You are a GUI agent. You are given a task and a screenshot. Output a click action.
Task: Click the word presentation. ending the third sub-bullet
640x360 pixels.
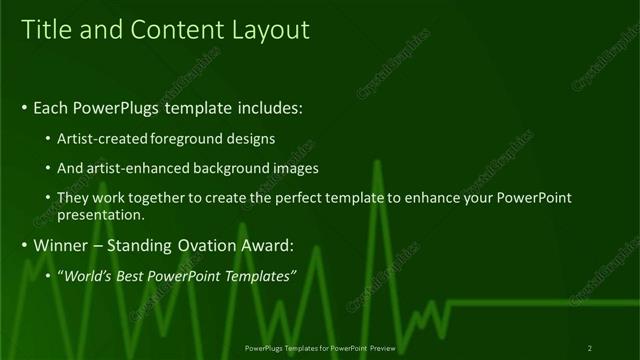(102, 214)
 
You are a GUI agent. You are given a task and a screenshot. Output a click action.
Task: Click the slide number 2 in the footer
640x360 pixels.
(590, 348)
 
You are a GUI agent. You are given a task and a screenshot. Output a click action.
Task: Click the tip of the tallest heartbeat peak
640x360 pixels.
(376, 160)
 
